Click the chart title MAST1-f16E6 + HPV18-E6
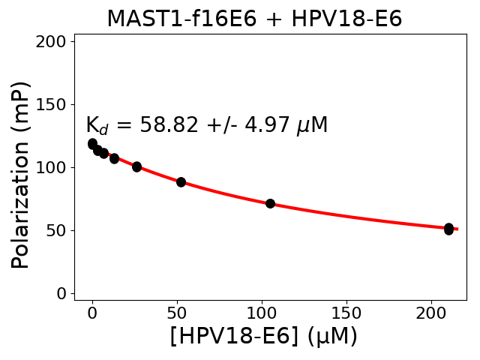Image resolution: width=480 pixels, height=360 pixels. tap(254, 19)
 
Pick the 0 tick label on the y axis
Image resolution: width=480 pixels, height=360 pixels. tap(61, 293)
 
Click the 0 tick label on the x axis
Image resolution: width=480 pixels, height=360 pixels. tap(92, 313)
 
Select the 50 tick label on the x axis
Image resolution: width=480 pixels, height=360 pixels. tap(177, 313)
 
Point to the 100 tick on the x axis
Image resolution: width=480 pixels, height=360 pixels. tap(262, 313)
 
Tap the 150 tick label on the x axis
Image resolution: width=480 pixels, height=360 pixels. tap(346, 313)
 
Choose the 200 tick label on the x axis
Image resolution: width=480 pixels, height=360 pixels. tap(431, 313)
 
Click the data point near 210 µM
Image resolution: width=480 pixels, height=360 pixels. tap(448, 229)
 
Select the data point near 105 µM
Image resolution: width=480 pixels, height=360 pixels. tap(270, 203)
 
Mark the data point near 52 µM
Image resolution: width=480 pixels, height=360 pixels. tap(181, 181)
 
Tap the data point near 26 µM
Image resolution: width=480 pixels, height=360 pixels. tap(136, 166)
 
